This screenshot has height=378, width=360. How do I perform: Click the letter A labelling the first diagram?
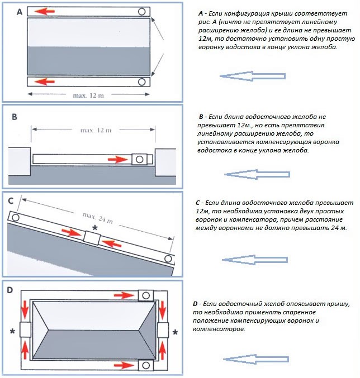[x=20, y=11]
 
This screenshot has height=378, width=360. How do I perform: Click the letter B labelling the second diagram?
[x=15, y=118]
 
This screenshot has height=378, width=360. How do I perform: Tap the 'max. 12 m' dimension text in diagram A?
[x=88, y=95]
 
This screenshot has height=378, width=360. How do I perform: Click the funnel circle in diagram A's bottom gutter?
[x=142, y=82]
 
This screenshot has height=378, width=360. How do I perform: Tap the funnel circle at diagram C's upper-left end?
[x=15, y=217]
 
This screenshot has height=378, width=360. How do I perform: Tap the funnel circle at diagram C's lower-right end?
[x=168, y=259]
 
